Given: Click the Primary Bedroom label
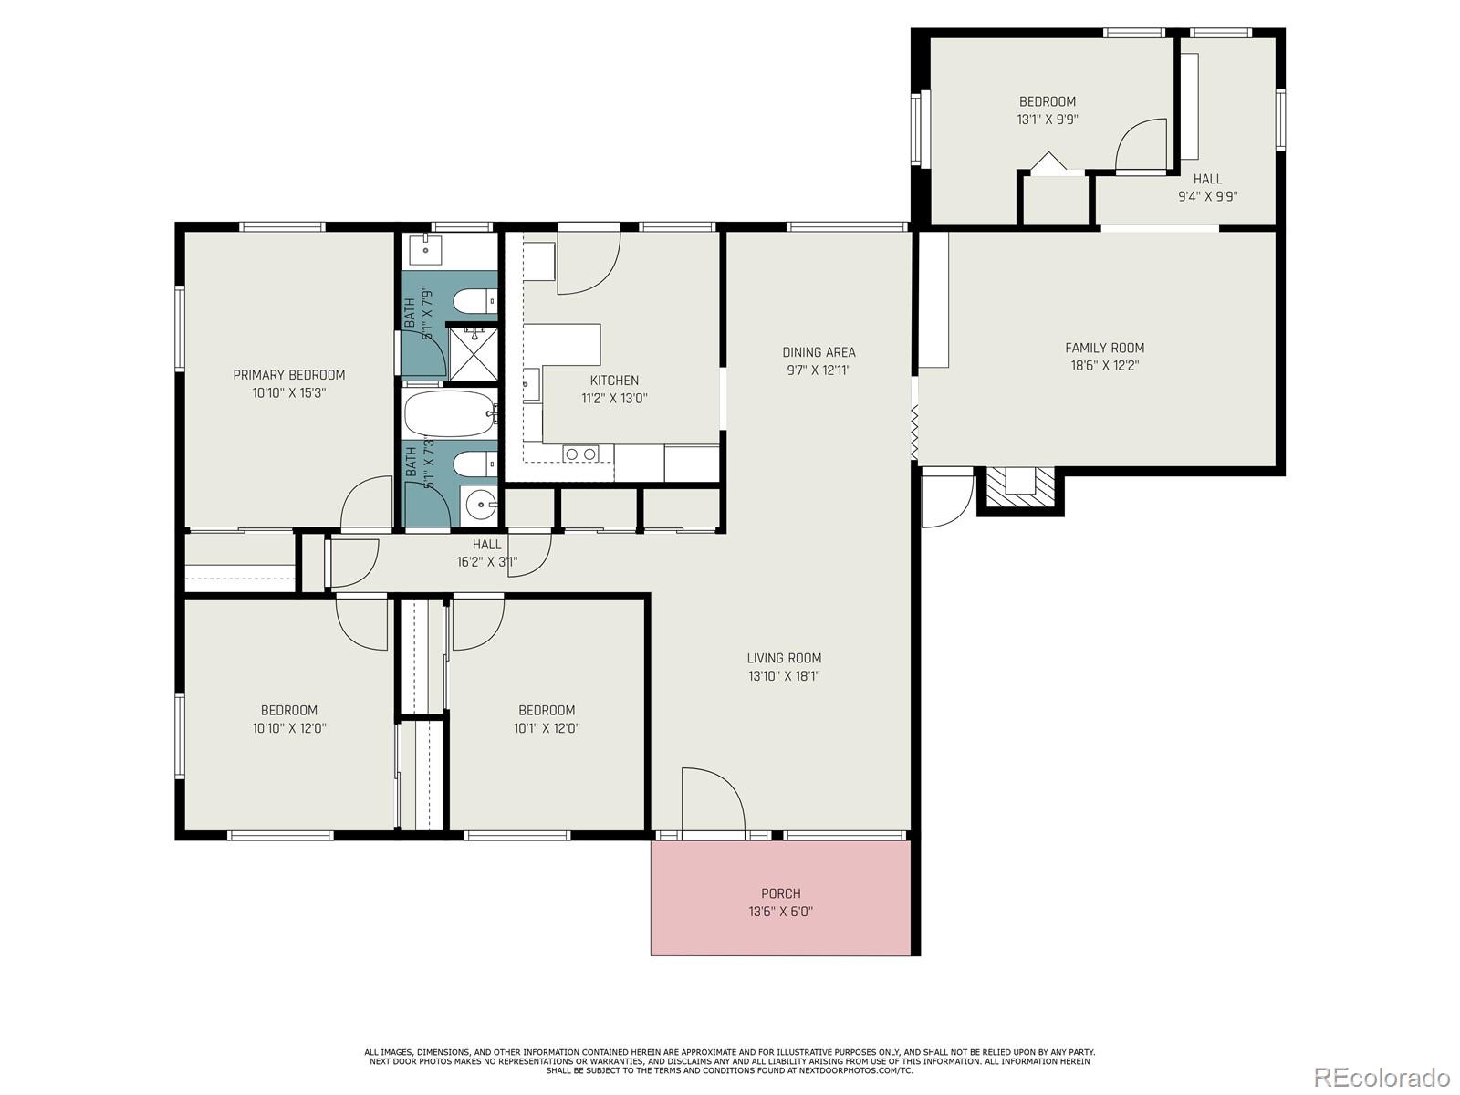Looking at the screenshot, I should coord(288,375).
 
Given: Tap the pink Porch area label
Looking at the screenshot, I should coord(780,893).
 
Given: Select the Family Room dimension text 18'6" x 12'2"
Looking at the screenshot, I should coord(1104,366).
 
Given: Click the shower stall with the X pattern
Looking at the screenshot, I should coord(472,353).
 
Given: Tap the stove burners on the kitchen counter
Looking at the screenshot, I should coord(580,454).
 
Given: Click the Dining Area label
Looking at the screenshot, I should coord(819,352).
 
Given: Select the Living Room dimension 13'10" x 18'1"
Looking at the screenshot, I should coord(784,676).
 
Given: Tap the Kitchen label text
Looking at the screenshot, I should coord(614,381).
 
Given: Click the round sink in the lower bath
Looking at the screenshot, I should coord(479,502).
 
